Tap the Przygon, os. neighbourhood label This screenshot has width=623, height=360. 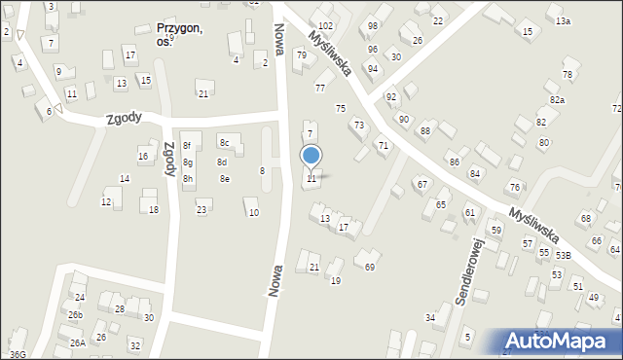pyautogui.click(x=179, y=35)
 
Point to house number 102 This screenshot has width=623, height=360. pyautogui.click(x=325, y=25)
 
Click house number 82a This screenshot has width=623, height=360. pyautogui.click(x=557, y=100)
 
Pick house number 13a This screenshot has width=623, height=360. pyautogui.click(x=564, y=20)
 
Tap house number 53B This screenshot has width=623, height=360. pyautogui.click(x=564, y=255)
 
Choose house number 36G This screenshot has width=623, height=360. pyautogui.click(x=18, y=355)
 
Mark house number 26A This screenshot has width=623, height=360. pyautogui.click(x=78, y=342)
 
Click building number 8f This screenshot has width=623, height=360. pyautogui.click(x=187, y=146)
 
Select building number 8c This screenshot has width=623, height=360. pyautogui.click(x=224, y=143)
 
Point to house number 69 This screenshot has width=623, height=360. pyautogui.click(x=369, y=267)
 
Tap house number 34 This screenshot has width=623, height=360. pyautogui.click(x=430, y=318)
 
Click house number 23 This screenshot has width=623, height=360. pyautogui.click(x=202, y=210)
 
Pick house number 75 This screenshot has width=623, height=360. pyautogui.click(x=341, y=108)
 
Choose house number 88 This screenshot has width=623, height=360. pyautogui.click(x=424, y=130)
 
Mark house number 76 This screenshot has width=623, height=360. pyautogui.click(x=514, y=187)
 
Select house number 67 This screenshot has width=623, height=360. pyautogui.click(x=422, y=184)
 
